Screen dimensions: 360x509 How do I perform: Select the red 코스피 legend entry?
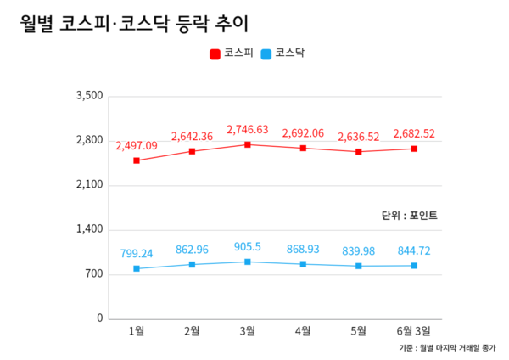tap(231, 53)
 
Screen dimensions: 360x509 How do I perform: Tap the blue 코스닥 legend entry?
tap(283, 53)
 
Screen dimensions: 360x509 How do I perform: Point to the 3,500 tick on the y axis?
tap(89, 96)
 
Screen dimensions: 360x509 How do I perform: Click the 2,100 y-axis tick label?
tap(89, 185)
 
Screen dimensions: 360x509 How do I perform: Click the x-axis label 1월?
tap(136, 330)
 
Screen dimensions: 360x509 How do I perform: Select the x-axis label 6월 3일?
tap(414, 330)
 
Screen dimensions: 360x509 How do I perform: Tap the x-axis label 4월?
tap(303, 330)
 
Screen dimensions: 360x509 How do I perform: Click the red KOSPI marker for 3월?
tap(248, 144)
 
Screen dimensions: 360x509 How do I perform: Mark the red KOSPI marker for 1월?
tap(137, 160)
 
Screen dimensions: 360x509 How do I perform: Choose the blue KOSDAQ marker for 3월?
tap(248, 262)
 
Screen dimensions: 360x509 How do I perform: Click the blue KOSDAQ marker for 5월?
tap(359, 266)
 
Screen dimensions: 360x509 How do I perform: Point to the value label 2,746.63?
tap(248, 130)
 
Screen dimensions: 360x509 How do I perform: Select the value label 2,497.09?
tap(137, 146)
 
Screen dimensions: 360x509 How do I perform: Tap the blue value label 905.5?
tap(248, 247)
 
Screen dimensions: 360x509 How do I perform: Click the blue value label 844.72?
tap(414, 250)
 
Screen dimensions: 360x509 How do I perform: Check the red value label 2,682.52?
tap(414, 133)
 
